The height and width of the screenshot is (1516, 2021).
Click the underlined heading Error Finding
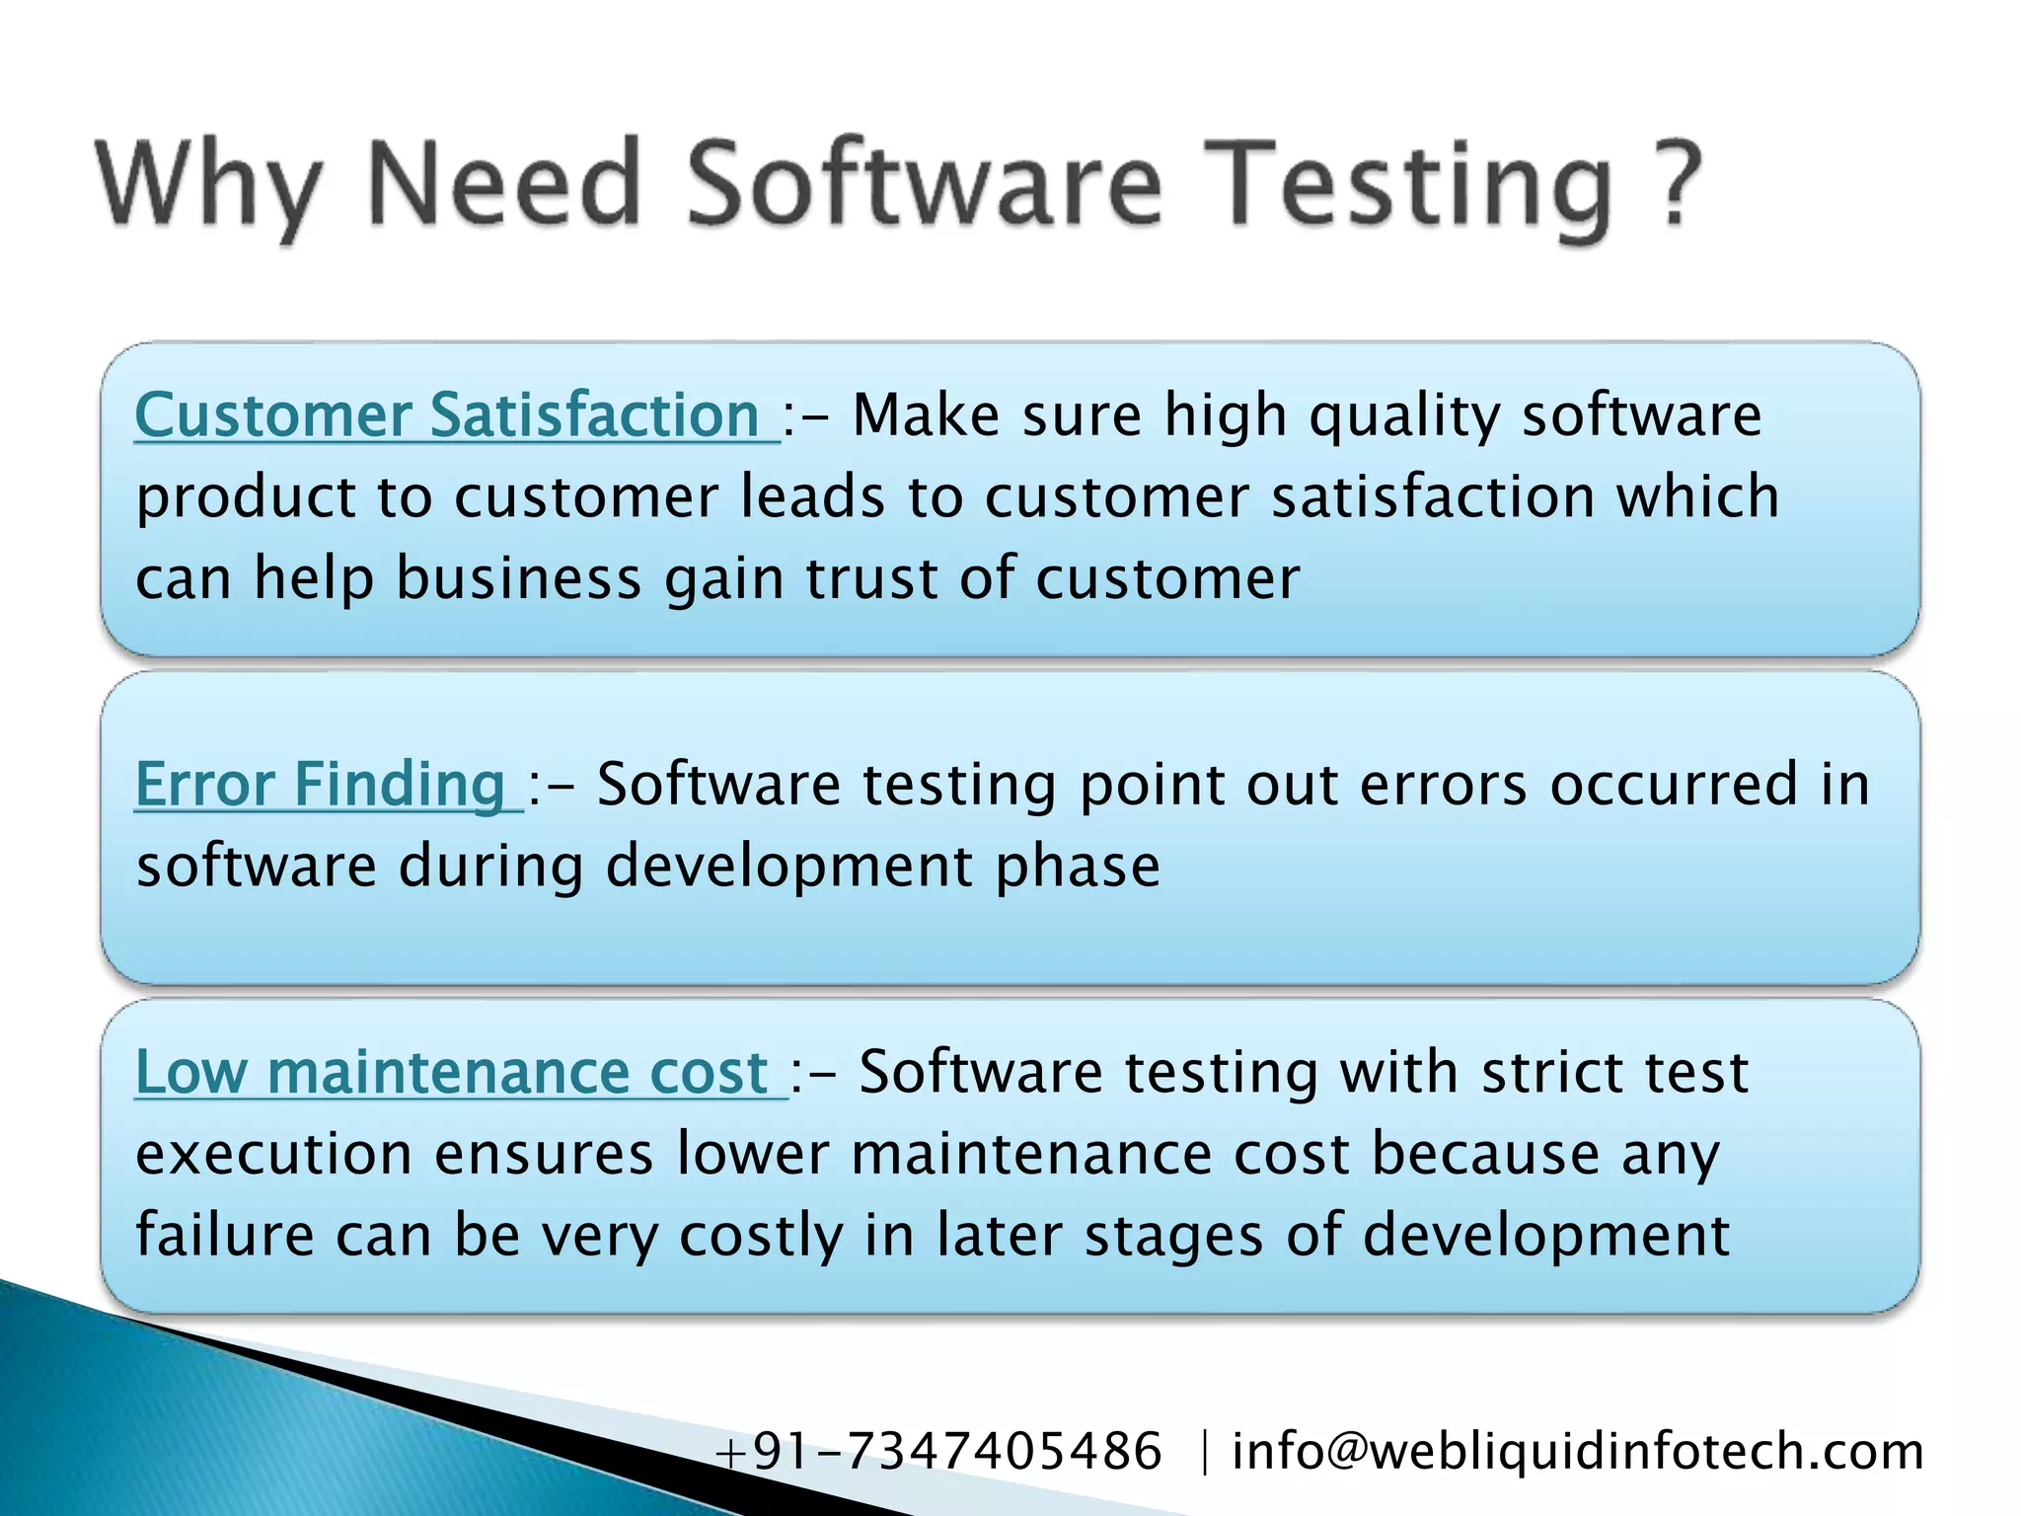coord(320,785)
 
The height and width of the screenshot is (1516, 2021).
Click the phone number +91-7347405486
coord(937,1451)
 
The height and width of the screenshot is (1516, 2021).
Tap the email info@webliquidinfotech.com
coord(1577,1451)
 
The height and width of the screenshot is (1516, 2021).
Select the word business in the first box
coord(519,577)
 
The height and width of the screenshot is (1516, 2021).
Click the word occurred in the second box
coord(1674,785)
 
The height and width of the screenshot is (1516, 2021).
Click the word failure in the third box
coord(224,1235)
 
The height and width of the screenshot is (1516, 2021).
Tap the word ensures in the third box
coord(544,1155)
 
